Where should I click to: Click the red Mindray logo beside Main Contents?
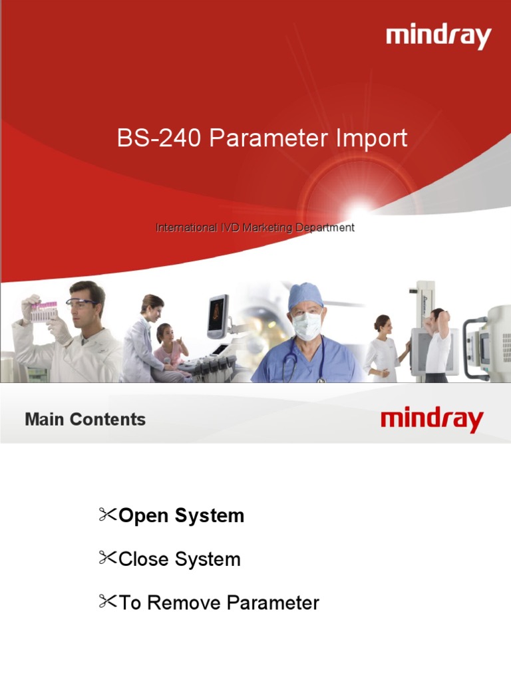pos(432,420)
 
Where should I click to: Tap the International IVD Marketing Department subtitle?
pos(255,227)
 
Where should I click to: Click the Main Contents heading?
pos(85,420)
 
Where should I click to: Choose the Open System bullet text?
pos(181,515)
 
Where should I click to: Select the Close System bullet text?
pos(179,559)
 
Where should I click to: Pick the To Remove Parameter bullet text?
pos(218,603)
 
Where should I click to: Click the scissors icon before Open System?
pos(107,514)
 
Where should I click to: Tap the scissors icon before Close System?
pos(107,558)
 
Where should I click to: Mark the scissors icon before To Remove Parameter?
pos(107,602)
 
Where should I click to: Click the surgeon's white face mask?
pos(306,325)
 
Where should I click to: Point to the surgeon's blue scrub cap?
pos(305,294)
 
